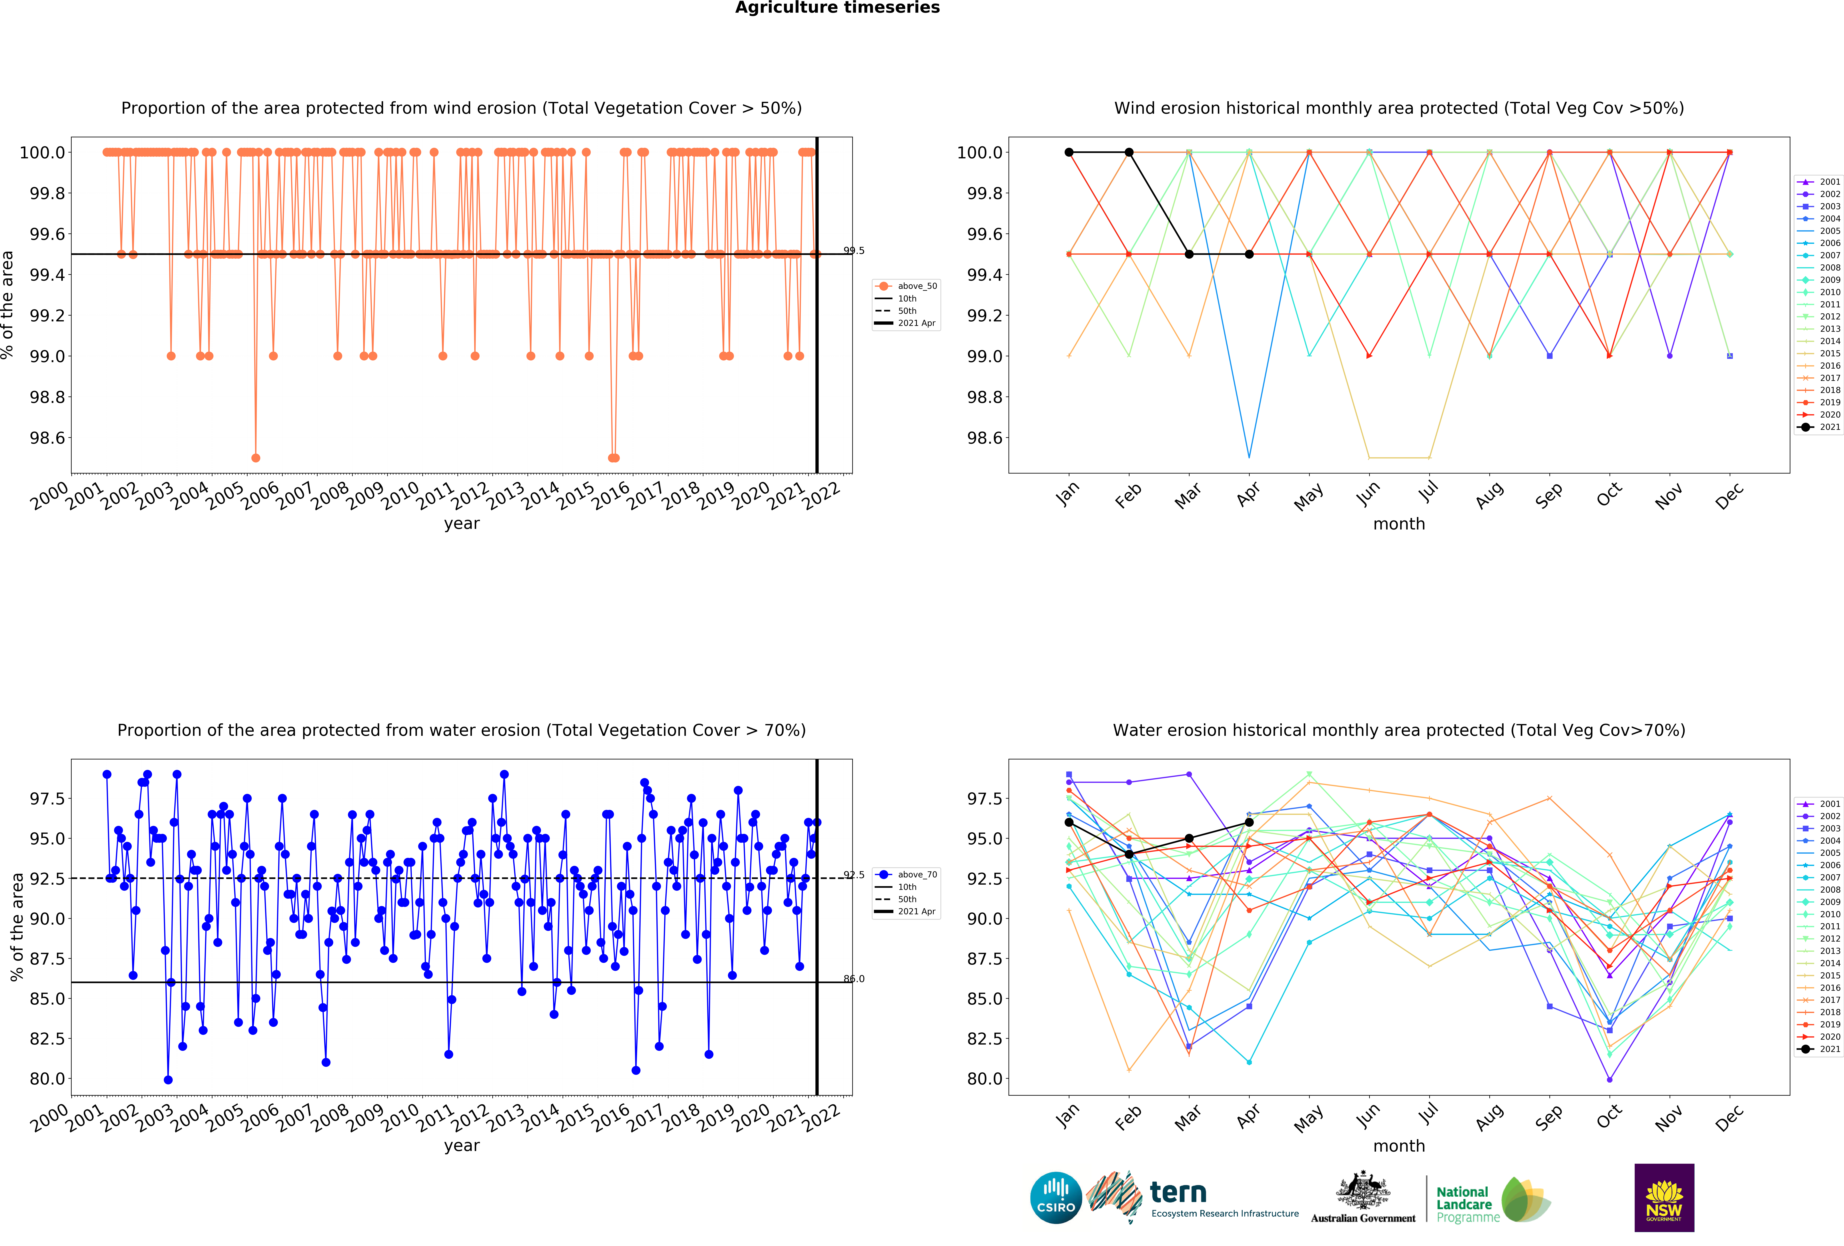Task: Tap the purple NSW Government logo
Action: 1664,1198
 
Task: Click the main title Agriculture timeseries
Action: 837,8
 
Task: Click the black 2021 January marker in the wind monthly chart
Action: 1069,152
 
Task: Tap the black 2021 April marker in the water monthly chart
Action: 1249,822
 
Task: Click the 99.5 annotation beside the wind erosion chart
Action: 854,251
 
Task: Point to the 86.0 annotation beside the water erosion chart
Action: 854,979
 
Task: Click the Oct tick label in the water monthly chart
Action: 1609,1117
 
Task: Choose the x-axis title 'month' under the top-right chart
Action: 1399,524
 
